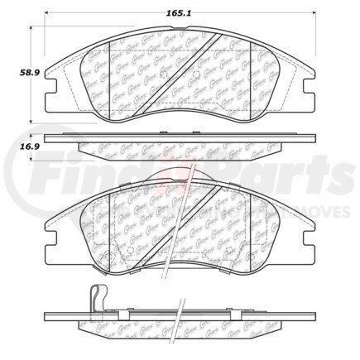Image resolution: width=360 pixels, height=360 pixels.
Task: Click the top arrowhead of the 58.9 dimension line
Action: coord(34,27)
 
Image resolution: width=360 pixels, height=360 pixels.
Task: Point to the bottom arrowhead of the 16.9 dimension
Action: coord(34,156)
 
